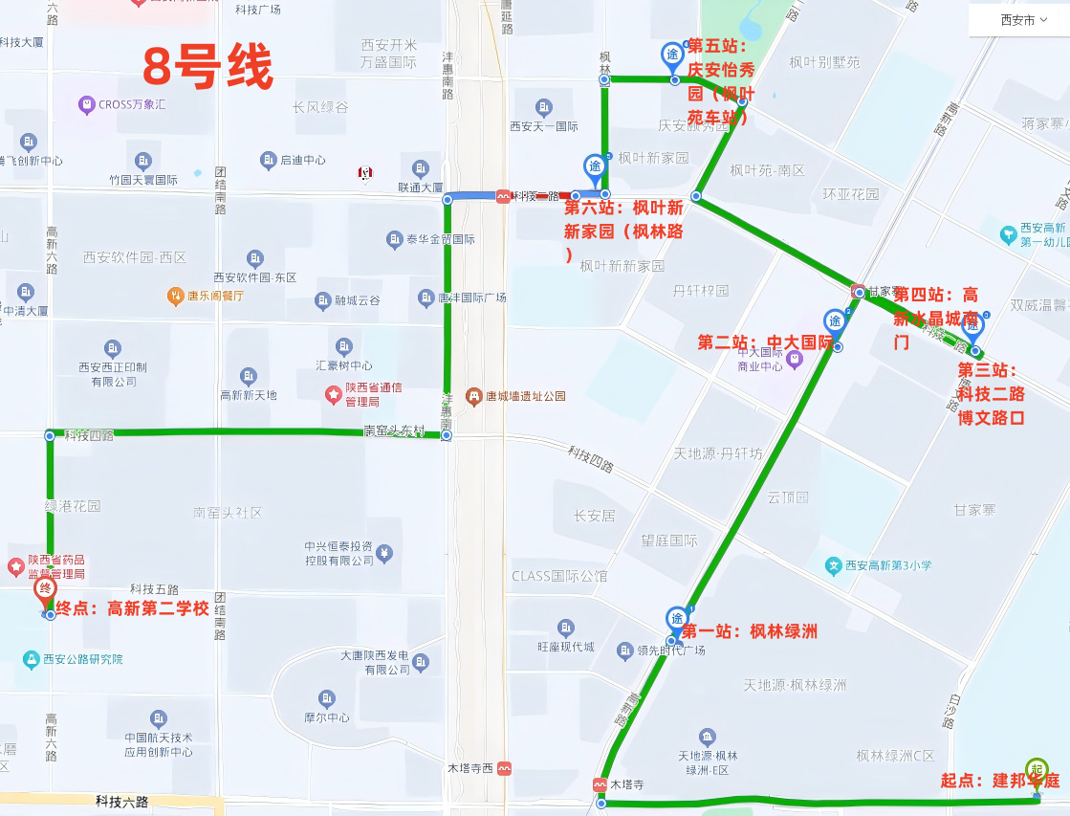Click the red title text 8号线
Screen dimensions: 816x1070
point(207,67)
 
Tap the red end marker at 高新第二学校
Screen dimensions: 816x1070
point(44,590)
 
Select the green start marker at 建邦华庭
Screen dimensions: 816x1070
point(1036,769)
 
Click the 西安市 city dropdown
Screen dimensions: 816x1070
point(1017,20)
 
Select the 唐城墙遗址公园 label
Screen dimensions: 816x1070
point(524,395)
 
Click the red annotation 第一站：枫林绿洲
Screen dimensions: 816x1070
point(749,631)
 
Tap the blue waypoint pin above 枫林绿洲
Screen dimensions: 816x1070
point(676,619)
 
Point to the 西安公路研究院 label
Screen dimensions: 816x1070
point(82,659)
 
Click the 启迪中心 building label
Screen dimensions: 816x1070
point(302,160)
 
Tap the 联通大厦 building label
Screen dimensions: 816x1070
point(421,187)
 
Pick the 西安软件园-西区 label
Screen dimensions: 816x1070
point(134,257)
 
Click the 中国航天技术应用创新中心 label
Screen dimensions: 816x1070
point(159,744)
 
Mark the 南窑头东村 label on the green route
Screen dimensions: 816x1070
point(394,431)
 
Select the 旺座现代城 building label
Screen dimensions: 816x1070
point(566,648)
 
